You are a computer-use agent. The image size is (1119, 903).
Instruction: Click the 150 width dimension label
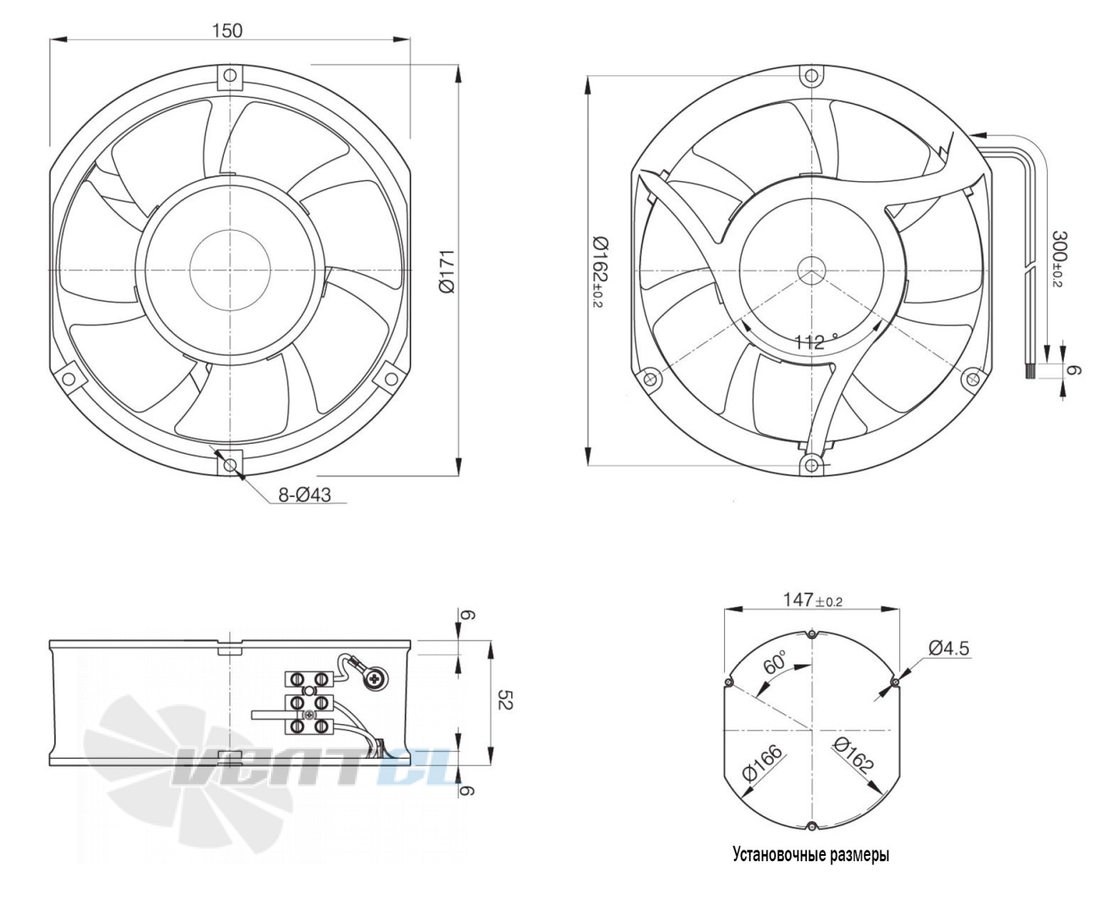click(x=227, y=31)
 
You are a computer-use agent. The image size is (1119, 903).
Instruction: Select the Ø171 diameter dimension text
click(x=447, y=272)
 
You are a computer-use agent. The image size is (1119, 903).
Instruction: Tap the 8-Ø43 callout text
click(x=304, y=495)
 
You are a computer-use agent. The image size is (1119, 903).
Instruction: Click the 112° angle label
click(x=815, y=342)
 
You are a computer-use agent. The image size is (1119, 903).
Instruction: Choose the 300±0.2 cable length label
click(x=1059, y=259)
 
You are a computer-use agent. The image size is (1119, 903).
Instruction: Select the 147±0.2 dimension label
click(x=813, y=599)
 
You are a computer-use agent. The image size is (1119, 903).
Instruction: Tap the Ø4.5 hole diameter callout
click(x=949, y=648)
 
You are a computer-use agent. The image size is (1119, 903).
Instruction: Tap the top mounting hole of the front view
click(x=230, y=77)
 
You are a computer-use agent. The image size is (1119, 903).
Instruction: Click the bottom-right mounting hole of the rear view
click(x=973, y=379)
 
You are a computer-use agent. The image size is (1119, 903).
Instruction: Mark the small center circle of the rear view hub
click(x=811, y=271)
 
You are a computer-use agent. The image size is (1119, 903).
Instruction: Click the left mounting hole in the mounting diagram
click(x=729, y=682)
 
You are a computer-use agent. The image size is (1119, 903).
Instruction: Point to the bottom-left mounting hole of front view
click(x=67, y=378)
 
